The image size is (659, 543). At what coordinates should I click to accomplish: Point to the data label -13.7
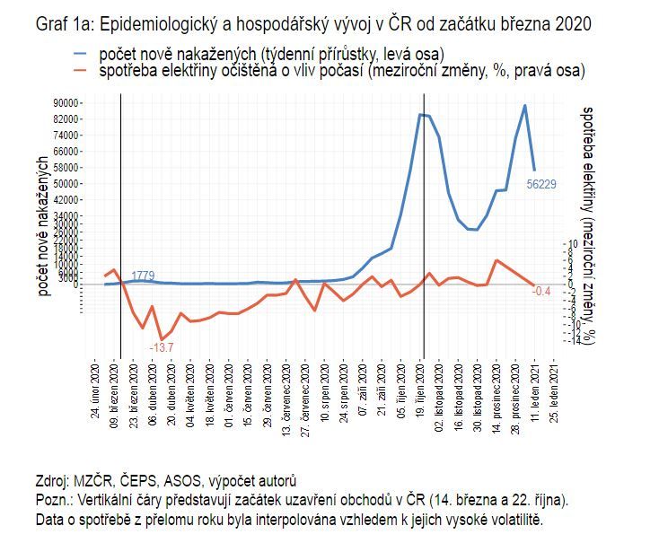pos(162,347)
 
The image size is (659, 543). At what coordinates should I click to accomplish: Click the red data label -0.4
pos(541,292)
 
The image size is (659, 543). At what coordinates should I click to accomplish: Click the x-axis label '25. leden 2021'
pos(563,389)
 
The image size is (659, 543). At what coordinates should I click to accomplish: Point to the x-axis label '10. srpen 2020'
pos(325,389)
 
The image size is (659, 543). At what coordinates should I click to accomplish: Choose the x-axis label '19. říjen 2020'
pos(422,389)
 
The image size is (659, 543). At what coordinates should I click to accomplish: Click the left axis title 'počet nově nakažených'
pos(42,224)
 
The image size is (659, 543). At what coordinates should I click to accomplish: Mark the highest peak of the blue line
pos(525,106)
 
